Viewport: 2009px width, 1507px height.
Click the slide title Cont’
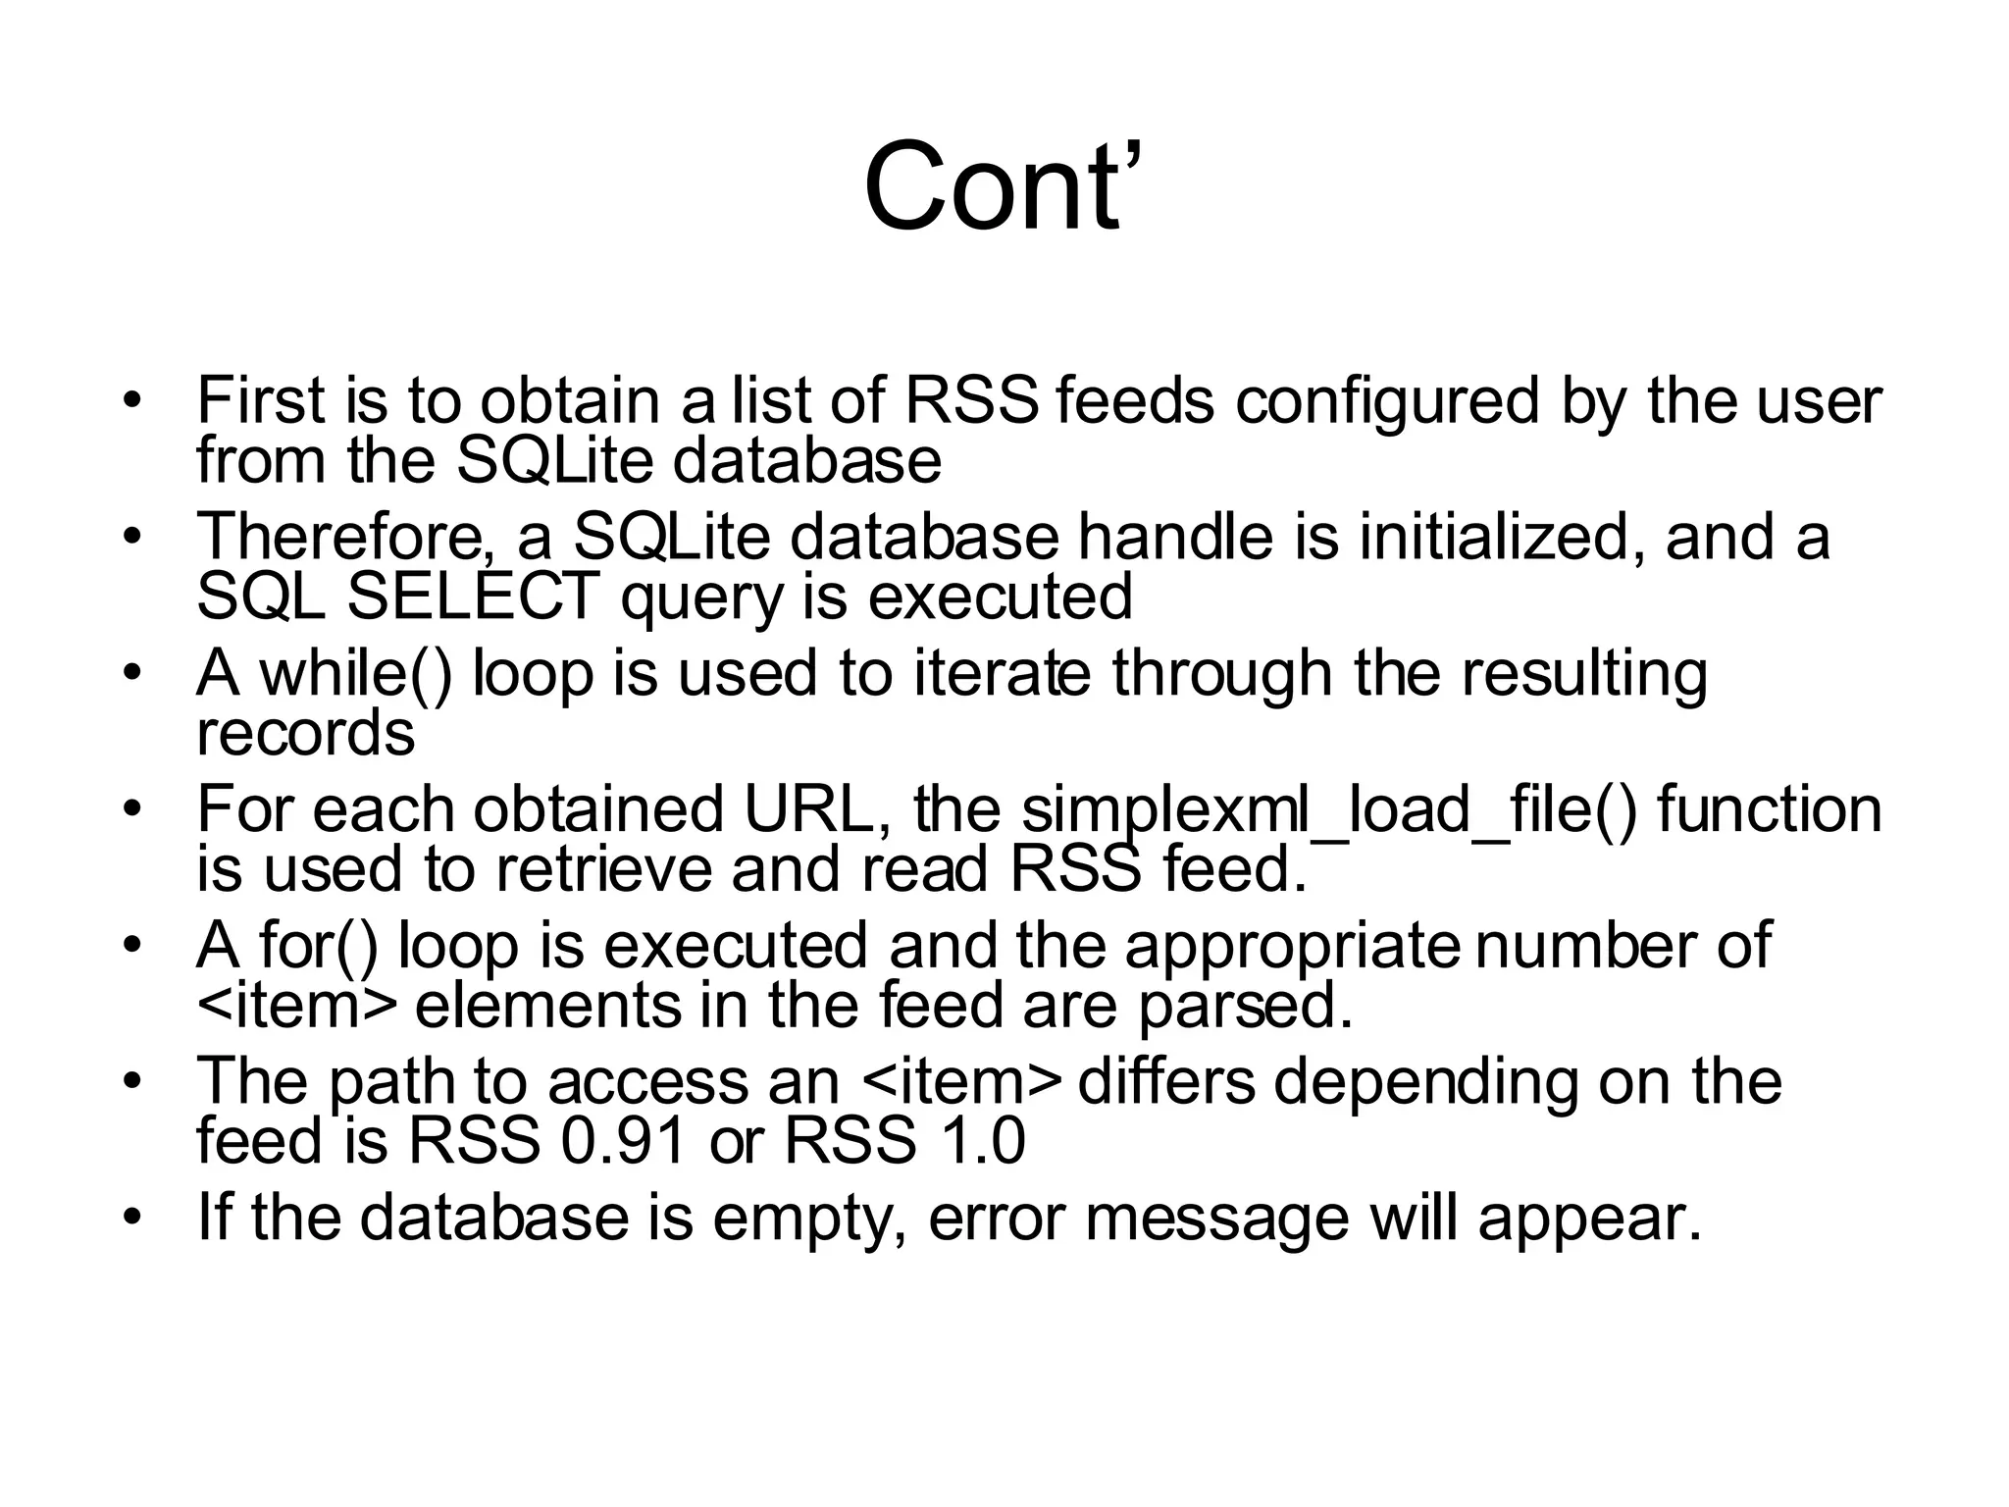click(x=1003, y=186)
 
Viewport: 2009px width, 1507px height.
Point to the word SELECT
click(x=473, y=597)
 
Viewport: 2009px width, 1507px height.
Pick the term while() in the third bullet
click(x=355, y=674)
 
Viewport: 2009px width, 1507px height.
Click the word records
click(x=306, y=733)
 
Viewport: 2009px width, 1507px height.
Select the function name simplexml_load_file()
click(x=1330, y=810)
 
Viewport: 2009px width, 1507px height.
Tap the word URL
click(x=817, y=809)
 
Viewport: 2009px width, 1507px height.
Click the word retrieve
click(x=604, y=869)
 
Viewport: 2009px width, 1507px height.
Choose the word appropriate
click(x=1291, y=948)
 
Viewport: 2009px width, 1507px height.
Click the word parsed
click(x=1245, y=1007)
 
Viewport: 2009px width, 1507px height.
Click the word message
click(x=1216, y=1220)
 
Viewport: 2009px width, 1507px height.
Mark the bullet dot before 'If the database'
click(x=132, y=1218)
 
